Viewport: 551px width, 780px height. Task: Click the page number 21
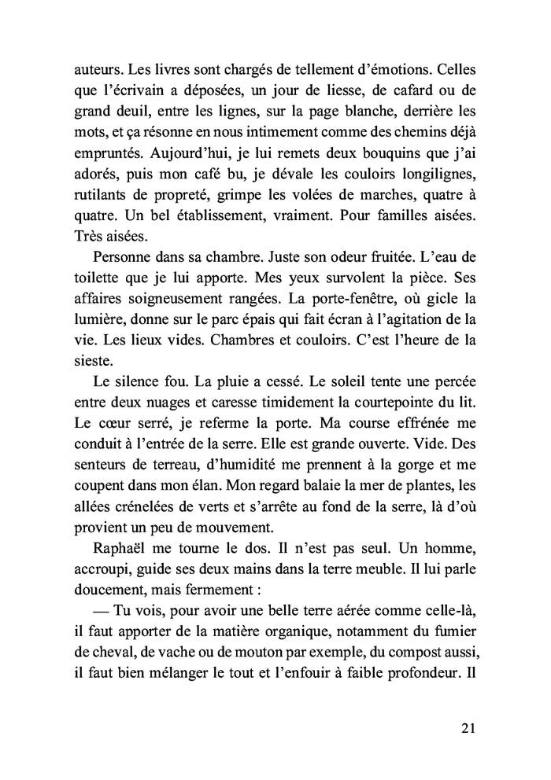pos(467,727)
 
